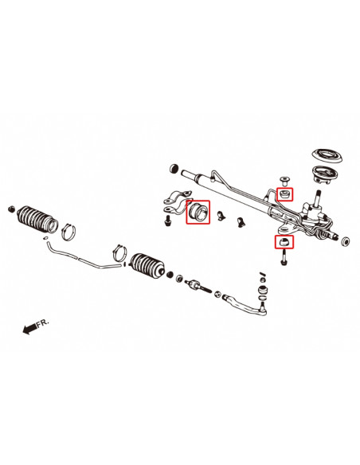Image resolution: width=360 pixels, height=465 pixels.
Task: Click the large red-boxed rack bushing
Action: coord(198,213)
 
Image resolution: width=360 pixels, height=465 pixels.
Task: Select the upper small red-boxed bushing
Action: coord(284,193)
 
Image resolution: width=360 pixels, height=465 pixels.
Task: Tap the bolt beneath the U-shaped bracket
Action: coord(169,218)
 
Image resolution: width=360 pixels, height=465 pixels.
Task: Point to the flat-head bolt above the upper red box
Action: coord(283,178)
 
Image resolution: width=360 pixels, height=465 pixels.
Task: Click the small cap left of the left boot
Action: coord(12,209)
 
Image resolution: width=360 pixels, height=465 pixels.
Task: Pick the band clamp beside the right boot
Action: coord(120,255)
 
